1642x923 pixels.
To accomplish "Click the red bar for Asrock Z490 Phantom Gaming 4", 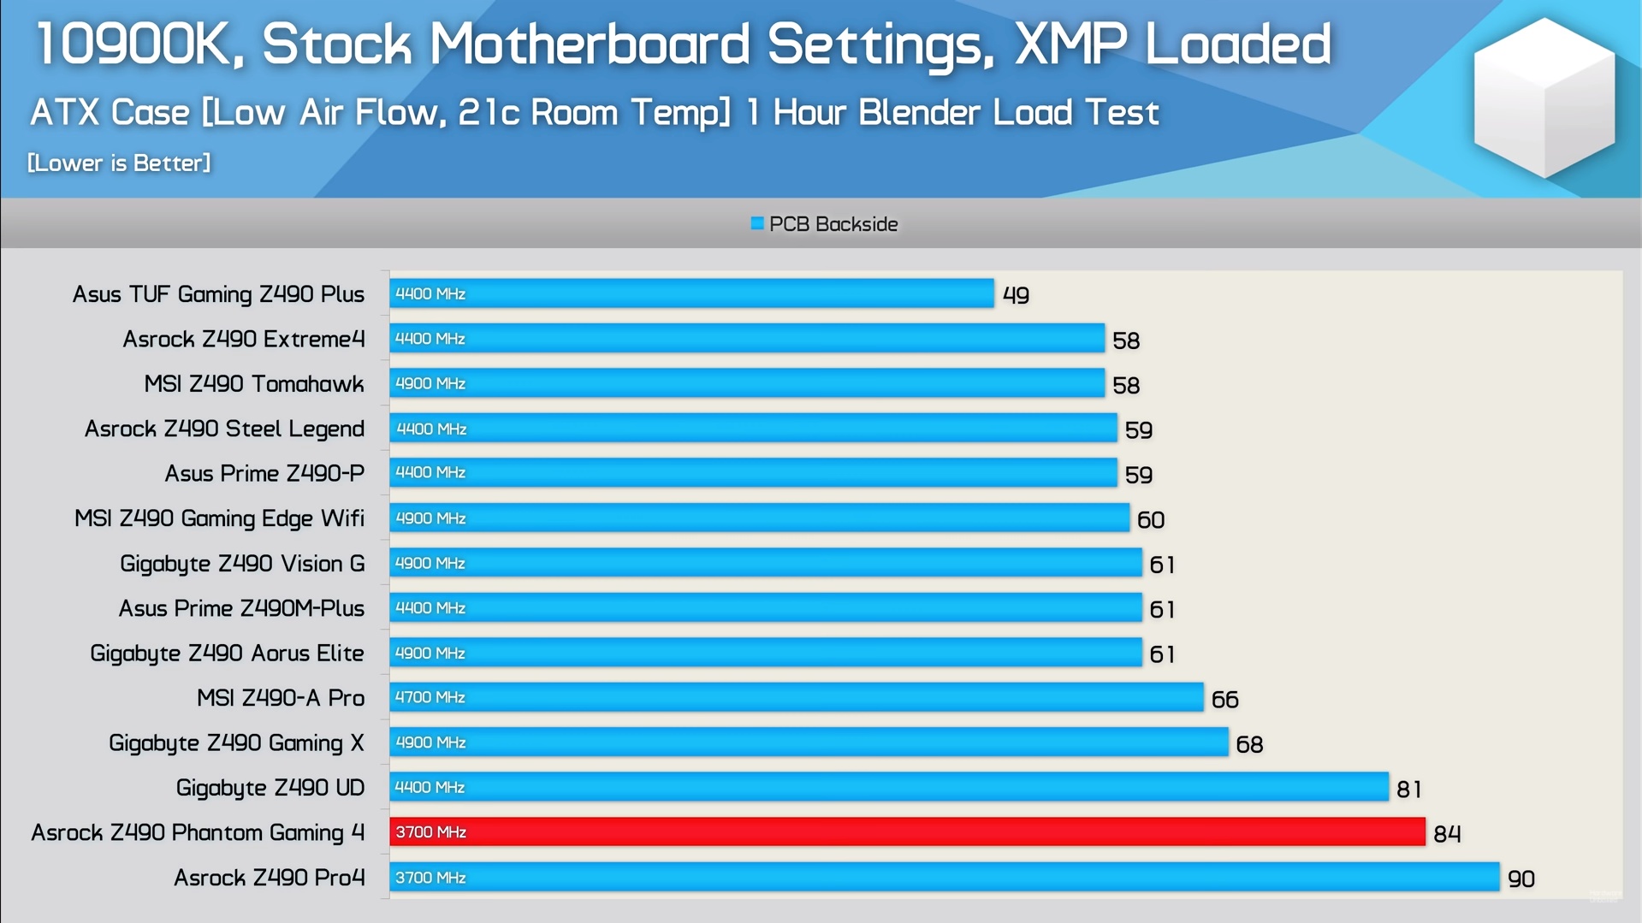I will pyautogui.click(x=907, y=831).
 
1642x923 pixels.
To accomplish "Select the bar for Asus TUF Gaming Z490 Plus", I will pyautogui.click(x=691, y=293).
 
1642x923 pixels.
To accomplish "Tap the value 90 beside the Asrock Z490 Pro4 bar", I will pyautogui.click(x=1520, y=879).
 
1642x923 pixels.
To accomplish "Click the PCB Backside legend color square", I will pyautogui.click(x=756, y=224).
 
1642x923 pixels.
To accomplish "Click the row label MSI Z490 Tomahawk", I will pyautogui.click(x=253, y=384).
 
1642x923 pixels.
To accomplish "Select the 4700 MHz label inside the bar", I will pyautogui.click(x=430, y=697).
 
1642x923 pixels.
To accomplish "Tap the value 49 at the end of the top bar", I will pyautogui.click(x=1016, y=295).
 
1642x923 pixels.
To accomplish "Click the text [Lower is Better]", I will pyautogui.click(x=119, y=163).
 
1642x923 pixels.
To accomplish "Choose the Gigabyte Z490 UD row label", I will pyautogui.click(x=270, y=788).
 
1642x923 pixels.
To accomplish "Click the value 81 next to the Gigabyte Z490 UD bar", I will pyautogui.click(x=1408, y=789).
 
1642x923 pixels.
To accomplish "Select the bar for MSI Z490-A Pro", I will pyautogui.click(x=796, y=697).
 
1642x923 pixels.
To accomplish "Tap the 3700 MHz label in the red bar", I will pyautogui.click(x=430, y=832).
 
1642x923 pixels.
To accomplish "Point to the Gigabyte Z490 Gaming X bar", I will pyautogui.click(x=809, y=743).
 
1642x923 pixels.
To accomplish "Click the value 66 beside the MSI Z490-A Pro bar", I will pyautogui.click(x=1224, y=700).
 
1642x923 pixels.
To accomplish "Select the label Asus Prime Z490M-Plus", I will pyautogui.click(x=241, y=608).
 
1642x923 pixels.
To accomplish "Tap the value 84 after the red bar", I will pyautogui.click(x=1446, y=834).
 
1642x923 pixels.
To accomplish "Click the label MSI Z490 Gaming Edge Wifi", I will pyautogui.click(x=219, y=518).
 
